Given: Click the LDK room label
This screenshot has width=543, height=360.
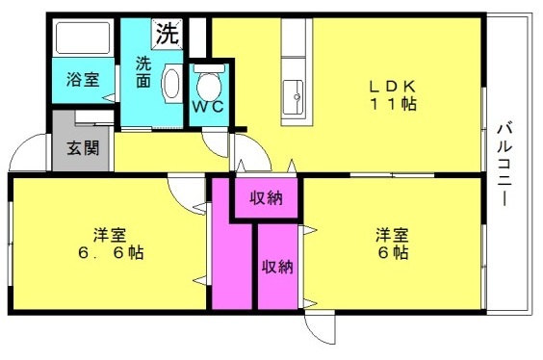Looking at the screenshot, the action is [x=393, y=86].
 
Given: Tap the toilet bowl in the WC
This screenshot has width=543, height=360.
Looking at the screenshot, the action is [x=209, y=86].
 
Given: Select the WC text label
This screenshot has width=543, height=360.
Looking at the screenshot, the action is [x=208, y=107].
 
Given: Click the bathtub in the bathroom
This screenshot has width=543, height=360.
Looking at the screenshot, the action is [x=83, y=38].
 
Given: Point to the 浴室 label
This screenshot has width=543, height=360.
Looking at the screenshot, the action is [x=83, y=79].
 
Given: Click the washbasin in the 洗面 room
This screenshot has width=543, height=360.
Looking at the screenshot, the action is [x=171, y=83].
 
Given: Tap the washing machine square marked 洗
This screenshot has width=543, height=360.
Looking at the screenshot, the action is [x=167, y=34].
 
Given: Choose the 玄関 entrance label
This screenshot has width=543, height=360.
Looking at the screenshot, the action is [x=83, y=148].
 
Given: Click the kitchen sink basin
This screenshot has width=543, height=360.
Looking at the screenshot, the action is [x=293, y=97].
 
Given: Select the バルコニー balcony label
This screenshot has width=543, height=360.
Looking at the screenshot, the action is [x=504, y=164].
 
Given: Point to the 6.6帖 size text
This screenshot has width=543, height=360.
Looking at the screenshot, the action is [x=111, y=253].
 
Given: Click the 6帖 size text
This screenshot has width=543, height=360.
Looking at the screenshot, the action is [x=393, y=253].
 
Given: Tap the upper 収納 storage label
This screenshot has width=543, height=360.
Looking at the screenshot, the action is [x=267, y=198].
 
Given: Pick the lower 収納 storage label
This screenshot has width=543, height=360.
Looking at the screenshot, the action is [x=277, y=267].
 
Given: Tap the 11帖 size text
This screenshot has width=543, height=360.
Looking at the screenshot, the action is [x=394, y=104].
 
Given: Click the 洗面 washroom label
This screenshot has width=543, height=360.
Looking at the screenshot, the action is [x=143, y=72].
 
